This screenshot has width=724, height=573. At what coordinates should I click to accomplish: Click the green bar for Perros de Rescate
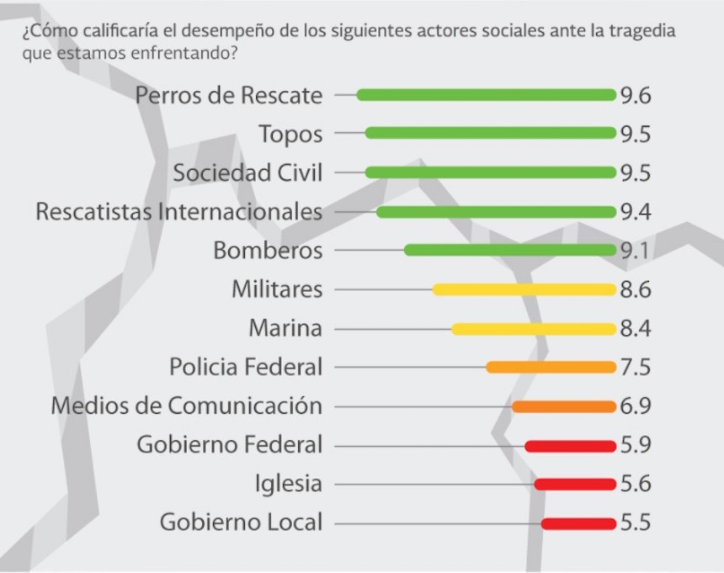[x=486, y=95]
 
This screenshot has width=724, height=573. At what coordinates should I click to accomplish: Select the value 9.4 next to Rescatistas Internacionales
[x=636, y=212]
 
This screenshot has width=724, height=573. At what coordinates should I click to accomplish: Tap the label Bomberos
[x=268, y=251]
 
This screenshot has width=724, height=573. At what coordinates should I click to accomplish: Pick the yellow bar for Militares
[x=524, y=289]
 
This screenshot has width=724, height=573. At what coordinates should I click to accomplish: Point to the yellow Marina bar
[x=533, y=329]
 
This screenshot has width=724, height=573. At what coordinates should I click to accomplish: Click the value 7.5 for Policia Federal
[x=636, y=368]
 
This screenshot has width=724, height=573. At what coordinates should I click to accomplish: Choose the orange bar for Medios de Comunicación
[x=563, y=406]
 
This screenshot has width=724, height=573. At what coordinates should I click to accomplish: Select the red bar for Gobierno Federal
[x=570, y=446]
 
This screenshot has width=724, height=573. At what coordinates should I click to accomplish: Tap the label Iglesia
[x=288, y=484]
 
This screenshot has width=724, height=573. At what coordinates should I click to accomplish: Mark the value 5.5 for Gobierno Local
[x=636, y=523]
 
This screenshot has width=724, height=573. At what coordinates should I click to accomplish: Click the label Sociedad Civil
[x=248, y=172]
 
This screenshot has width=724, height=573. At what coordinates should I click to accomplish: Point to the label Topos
[x=290, y=134]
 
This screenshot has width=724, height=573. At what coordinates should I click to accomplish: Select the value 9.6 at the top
[x=636, y=95]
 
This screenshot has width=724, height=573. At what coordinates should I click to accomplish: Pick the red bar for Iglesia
[x=574, y=485]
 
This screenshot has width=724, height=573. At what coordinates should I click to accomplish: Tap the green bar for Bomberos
[x=509, y=251]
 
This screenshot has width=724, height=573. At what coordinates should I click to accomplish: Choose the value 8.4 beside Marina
[x=636, y=329]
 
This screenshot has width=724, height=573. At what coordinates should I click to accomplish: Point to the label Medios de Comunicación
[x=186, y=406]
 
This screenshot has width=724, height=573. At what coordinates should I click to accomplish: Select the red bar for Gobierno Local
[x=578, y=523]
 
